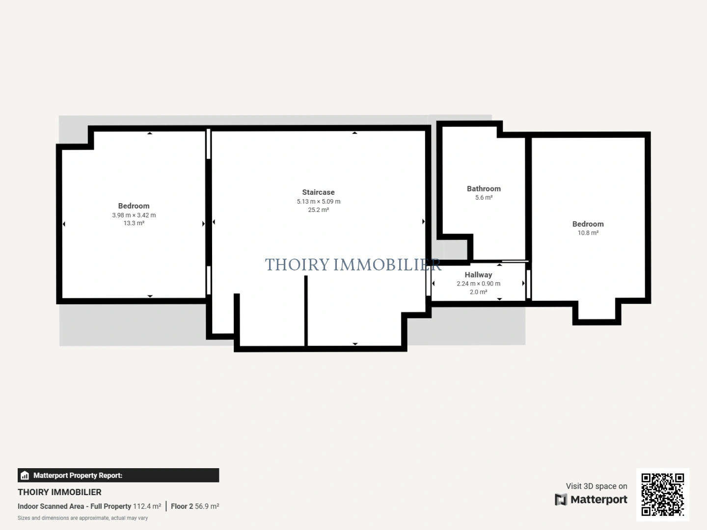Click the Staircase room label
click(x=318, y=192)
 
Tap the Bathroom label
click(x=484, y=188)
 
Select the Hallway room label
click(x=478, y=275)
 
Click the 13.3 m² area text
click(x=134, y=223)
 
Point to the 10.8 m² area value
click(x=588, y=233)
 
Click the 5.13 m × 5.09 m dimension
click(x=318, y=202)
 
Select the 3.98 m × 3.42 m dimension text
click(x=134, y=215)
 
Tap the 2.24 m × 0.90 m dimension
click(x=478, y=284)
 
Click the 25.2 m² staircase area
click(x=318, y=210)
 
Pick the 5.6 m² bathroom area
click(x=484, y=198)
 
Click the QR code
click(x=662, y=494)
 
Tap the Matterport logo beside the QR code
click(x=591, y=500)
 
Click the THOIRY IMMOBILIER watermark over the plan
click(x=353, y=265)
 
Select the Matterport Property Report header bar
click(x=118, y=475)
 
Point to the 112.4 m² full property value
click(x=147, y=506)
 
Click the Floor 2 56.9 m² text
click(x=195, y=506)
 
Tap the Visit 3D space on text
click(x=596, y=486)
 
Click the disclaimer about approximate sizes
click(x=82, y=518)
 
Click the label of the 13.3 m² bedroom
click(x=134, y=206)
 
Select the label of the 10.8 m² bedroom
click(x=588, y=224)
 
